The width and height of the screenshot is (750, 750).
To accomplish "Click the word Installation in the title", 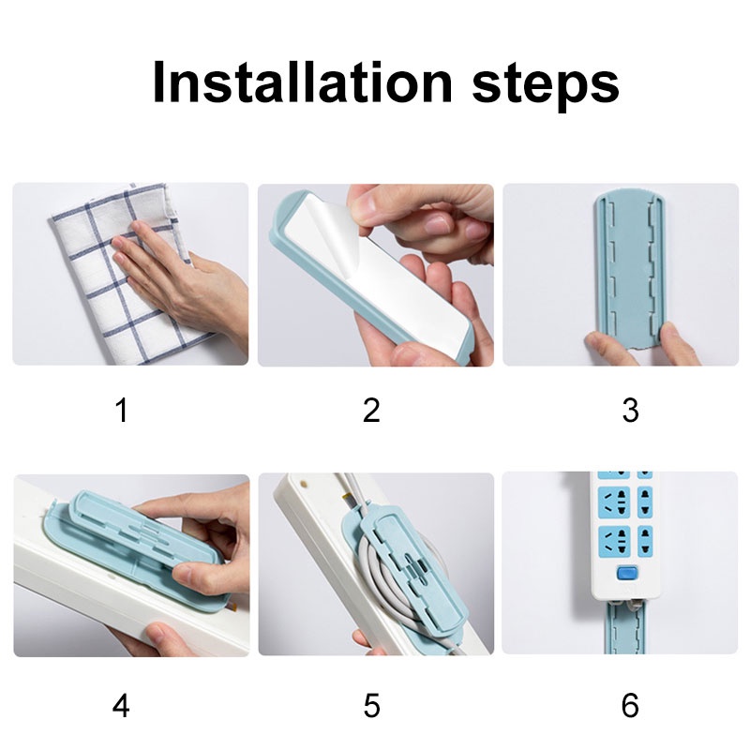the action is (302, 82).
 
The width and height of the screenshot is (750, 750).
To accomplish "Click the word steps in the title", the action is (546, 86).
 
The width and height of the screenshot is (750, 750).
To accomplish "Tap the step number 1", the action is (123, 411).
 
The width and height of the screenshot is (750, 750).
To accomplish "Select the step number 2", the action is (371, 411).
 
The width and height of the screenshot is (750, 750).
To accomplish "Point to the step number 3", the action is (630, 411).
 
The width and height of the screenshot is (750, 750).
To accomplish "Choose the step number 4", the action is (121, 706).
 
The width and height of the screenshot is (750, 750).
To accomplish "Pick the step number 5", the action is (371, 706).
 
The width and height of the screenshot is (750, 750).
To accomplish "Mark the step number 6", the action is (630, 706).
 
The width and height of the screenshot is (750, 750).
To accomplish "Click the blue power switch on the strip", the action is (624, 573).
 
